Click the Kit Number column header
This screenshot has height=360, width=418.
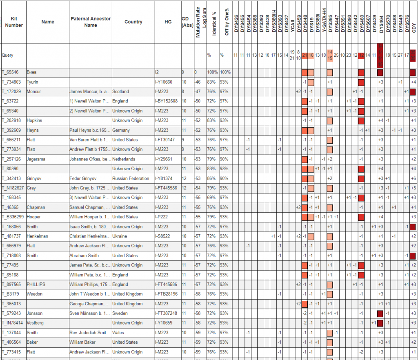pos(14,22)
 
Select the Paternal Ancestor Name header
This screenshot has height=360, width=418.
pos(90,22)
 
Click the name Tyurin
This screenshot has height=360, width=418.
pos(33,82)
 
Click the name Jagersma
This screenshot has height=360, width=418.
pos(36,159)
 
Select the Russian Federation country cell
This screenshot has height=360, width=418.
pos(131,178)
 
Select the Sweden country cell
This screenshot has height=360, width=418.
pos(120,313)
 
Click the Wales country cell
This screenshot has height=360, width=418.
pos(118,333)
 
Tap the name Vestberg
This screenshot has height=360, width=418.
pos(36,323)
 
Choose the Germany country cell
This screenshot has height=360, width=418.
pos(121,130)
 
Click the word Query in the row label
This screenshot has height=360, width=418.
pos(8,55)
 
